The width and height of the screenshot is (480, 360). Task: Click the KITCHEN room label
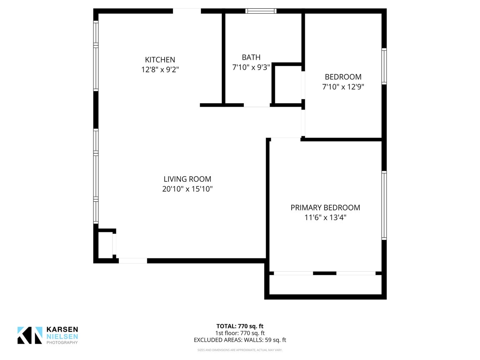(160, 60)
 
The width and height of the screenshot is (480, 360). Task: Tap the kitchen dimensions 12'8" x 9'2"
(160, 70)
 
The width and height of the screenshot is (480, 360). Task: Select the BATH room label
(251, 57)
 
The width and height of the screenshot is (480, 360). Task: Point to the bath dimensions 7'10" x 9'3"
(251, 67)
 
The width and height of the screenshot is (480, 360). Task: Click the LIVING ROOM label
(187, 179)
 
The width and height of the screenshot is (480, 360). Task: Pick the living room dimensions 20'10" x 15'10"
(187, 189)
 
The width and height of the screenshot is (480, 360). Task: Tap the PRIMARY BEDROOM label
(325, 207)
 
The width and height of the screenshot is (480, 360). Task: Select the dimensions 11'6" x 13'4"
(325, 217)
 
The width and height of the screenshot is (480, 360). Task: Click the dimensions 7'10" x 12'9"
(343, 87)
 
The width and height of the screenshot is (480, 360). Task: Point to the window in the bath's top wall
(261, 11)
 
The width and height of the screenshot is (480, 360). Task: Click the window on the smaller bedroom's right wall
(384, 66)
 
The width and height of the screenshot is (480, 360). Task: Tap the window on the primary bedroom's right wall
(384, 205)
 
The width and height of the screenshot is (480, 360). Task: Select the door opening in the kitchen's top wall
(187, 11)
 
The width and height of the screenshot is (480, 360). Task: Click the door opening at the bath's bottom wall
(257, 105)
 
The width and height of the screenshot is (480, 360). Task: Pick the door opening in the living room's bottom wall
(133, 261)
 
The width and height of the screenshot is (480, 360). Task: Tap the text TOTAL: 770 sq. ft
(240, 326)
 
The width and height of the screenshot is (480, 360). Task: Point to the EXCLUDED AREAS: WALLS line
(240, 340)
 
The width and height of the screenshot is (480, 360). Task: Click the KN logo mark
(30, 335)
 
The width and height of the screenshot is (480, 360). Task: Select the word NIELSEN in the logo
(62, 336)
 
